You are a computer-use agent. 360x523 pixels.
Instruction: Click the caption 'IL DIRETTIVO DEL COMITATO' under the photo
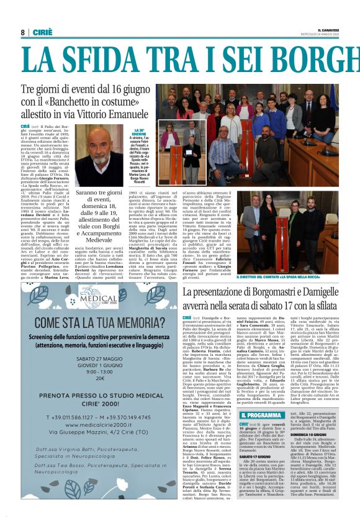point(269,276)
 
